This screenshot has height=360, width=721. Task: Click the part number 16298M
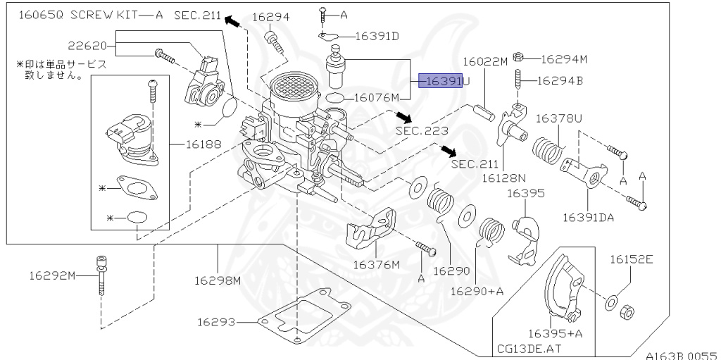(x=218, y=280)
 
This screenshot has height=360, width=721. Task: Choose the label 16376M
(x=376, y=265)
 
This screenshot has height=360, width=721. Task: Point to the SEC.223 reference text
(x=418, y=130)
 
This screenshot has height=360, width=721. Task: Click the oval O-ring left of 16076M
(x=337, y=98)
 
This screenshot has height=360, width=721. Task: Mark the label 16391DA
(x=588, y=218)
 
